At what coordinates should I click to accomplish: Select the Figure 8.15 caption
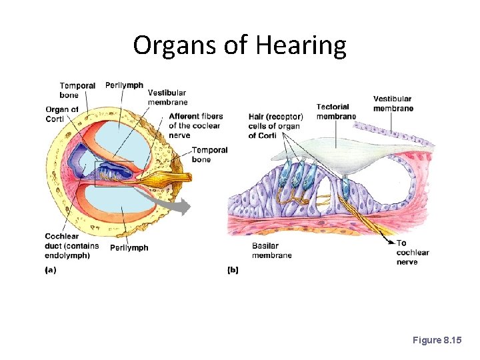point(437,340)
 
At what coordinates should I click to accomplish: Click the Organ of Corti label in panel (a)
point(62,114)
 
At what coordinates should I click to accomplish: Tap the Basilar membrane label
point(271,251)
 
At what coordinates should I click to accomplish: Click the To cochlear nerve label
point(412,252)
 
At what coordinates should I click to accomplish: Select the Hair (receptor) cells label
point(274,126)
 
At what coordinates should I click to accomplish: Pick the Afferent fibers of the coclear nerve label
point(195,125)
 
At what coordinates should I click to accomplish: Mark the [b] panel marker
point(233,270)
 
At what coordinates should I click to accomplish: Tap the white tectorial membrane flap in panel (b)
point(333,155)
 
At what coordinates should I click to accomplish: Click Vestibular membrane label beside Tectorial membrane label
point(393,103)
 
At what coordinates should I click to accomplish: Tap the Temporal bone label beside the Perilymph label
point(77,90)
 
